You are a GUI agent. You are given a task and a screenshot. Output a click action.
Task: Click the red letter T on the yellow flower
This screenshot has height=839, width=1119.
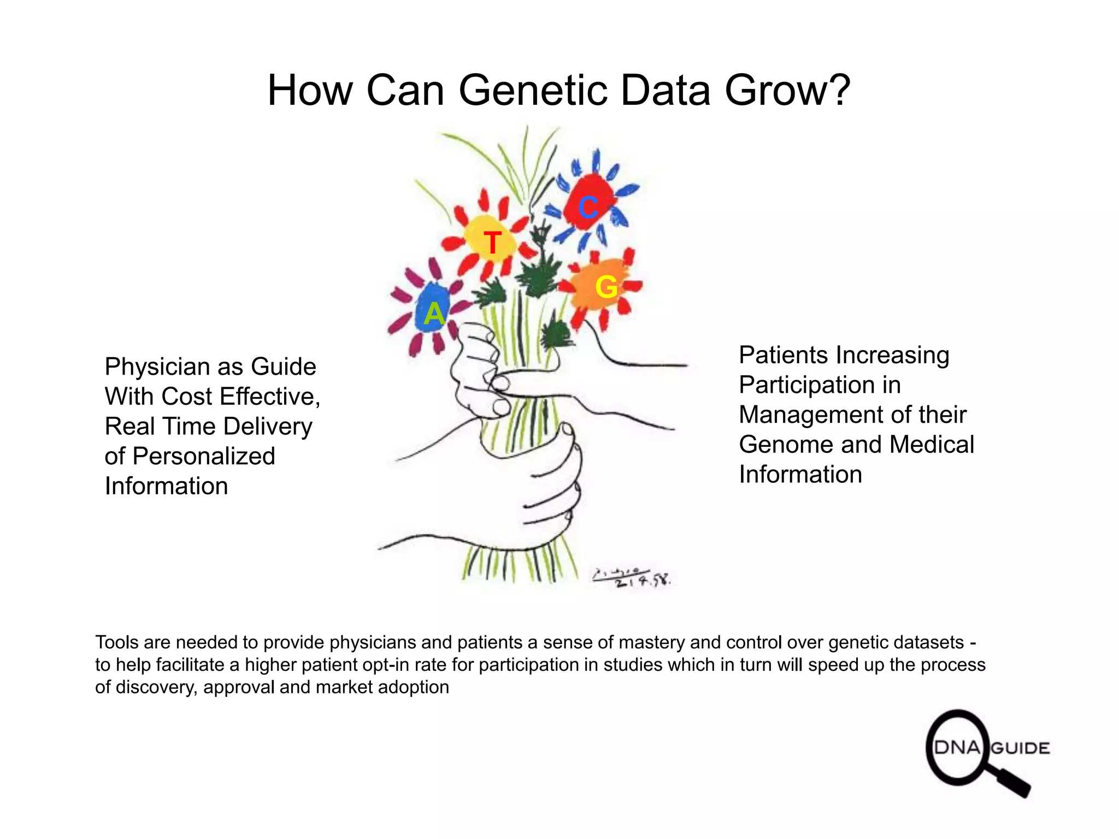point(492,243)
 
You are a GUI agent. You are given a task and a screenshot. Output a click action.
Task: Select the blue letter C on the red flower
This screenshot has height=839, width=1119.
point(588,208)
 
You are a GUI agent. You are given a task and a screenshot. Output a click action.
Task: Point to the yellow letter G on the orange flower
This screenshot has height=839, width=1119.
point(606,287)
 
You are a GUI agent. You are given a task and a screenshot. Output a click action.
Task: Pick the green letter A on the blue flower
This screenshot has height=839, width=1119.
point(434,314)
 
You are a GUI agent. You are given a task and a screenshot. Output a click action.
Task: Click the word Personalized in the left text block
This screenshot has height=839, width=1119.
point(204,457)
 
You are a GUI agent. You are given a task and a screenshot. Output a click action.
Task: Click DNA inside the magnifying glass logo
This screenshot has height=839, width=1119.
point(957,748)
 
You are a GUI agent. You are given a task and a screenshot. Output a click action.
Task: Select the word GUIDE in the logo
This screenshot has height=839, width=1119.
point(1020,748)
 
